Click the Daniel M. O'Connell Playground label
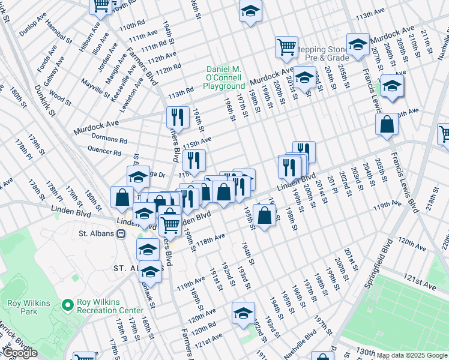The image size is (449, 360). pos(223,78)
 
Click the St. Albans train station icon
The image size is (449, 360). pos(121,233)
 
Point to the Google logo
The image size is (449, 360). pos(20,353)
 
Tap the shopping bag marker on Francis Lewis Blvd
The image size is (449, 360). pos(387,125)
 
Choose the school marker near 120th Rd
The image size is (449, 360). pos(244,313)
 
